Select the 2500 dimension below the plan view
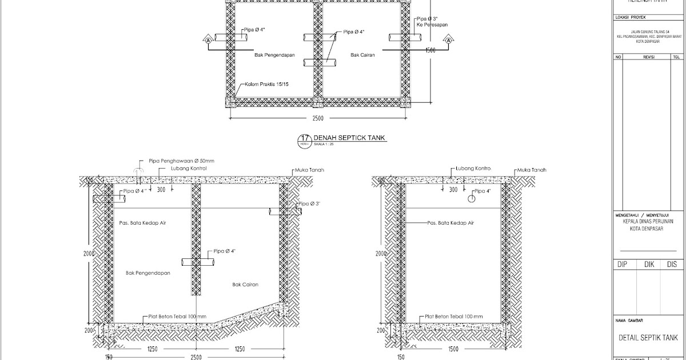(x=318, y=119)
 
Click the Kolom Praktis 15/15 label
(x=266, y=85)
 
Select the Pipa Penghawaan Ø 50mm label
(x=181, y=161)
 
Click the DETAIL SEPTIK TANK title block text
(x=648, y=338)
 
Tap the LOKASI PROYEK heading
(x=630, y=18)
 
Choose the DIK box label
(x=649, y=265)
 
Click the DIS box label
(x=671, y=265)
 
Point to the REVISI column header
(x=648, y=57)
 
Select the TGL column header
(x=676, y=57)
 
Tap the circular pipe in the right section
(x=471, y=199)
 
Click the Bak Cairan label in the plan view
(x=362, y=55)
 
